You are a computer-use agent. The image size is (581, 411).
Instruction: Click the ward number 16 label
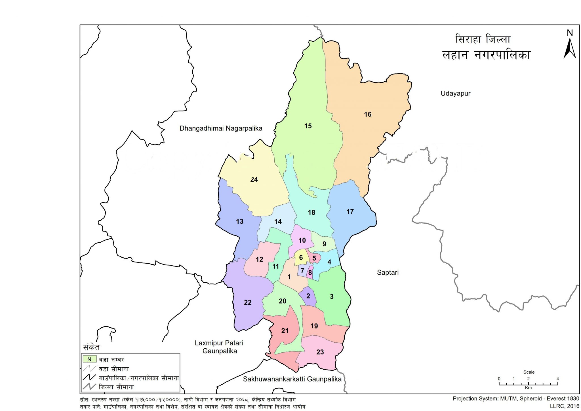(368, 114)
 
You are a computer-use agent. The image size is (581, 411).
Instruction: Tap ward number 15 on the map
(308, 126)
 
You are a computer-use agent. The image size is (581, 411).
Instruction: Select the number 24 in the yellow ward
(254, 179)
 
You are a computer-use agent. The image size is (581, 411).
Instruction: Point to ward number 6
(301, 257)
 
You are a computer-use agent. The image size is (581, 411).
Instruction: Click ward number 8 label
(310, 273)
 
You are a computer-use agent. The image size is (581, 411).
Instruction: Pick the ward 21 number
(285, 331)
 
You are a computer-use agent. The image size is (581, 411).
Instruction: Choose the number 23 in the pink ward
(320, 352)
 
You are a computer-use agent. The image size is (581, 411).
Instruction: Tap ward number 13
(240, 221)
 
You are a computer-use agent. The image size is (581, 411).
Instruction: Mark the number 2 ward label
(308, 296)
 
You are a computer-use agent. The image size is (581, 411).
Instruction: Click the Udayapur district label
(455, 94)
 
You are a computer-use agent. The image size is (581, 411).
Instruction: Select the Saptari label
(388, 272)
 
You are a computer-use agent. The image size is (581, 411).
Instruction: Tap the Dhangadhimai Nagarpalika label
(221, 128)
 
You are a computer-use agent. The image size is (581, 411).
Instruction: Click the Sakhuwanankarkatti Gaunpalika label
(292, 379)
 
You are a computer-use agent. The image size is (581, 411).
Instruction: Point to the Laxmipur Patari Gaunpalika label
(219, 347)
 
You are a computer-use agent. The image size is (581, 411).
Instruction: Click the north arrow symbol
(569, 48)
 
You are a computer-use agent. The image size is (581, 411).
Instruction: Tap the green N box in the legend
(89, 359)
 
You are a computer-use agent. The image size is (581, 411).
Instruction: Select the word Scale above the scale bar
(529, 372)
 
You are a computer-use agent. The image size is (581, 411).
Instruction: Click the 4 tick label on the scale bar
(557, 379)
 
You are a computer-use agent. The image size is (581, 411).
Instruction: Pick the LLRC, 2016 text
(565, 406)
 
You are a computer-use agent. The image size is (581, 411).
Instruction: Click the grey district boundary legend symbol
(89, 386)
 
